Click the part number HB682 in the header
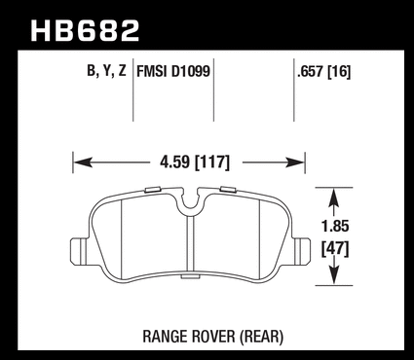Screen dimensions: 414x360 [85, 30]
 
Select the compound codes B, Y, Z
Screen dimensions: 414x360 [106, 71]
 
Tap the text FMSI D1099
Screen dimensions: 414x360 [173, 71]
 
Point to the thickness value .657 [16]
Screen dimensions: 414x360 [324, 72]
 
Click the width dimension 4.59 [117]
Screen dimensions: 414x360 [195, 162]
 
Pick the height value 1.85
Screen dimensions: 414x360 [335, 226]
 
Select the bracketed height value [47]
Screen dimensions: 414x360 [335, 250]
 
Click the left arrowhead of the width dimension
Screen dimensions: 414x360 [83, 162]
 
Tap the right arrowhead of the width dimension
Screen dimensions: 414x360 [294, 162]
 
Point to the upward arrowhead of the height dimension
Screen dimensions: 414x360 [334, 198]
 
